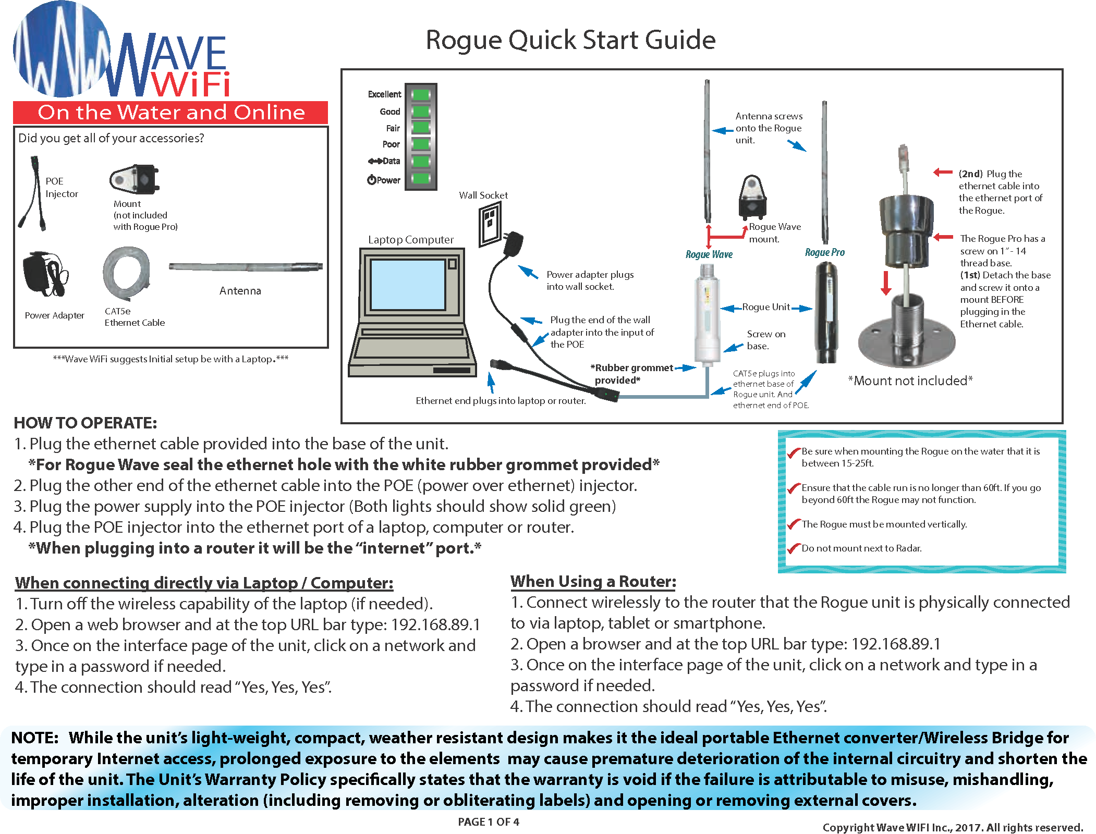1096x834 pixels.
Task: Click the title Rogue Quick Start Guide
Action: [x=570, y=40]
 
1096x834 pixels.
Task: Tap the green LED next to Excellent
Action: [x=420, y=94]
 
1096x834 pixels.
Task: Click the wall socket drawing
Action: [x=490, y=224]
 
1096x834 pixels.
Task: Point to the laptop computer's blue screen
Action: [x=408, y=285]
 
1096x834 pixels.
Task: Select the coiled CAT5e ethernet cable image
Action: [x=127, y=273]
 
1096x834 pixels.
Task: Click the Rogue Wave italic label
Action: [x=709, y=254]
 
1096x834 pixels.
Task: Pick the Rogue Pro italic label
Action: [x=824, y=252]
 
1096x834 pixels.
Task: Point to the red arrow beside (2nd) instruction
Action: [x=942, y=173]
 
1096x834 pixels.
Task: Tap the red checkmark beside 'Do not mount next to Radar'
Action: [x=794, y=548]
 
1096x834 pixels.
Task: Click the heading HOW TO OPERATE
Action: [x=85, y=423]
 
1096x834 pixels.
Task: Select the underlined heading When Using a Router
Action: [x=593, y=581]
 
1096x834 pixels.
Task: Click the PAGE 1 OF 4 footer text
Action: [x=488, y=822]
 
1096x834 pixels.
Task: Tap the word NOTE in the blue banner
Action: [x=34, y=738]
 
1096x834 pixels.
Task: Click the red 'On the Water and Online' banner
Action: [x=171, y=113]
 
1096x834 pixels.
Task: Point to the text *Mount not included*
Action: [x=910, y=381]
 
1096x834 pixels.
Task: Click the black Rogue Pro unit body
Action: [x=826, y=313]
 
